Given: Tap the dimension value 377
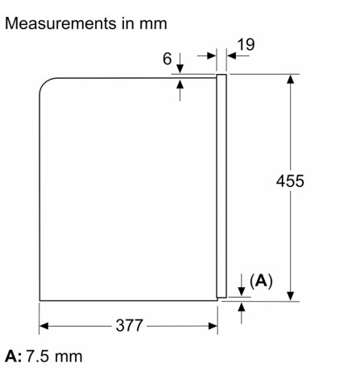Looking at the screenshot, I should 128,326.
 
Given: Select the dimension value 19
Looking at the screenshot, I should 246,45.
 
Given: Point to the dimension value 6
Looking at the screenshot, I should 166,60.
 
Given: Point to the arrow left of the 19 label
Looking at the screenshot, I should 212,56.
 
